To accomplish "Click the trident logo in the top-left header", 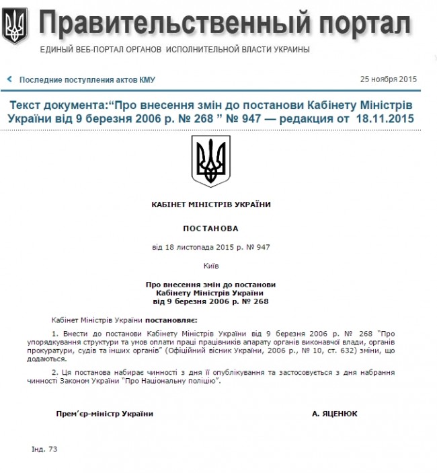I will point(15,26).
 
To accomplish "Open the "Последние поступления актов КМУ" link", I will point(87,79).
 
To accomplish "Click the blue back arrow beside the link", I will point(9,79).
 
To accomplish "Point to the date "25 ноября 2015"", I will point(389,79).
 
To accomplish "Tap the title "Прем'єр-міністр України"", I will point(105,414).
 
